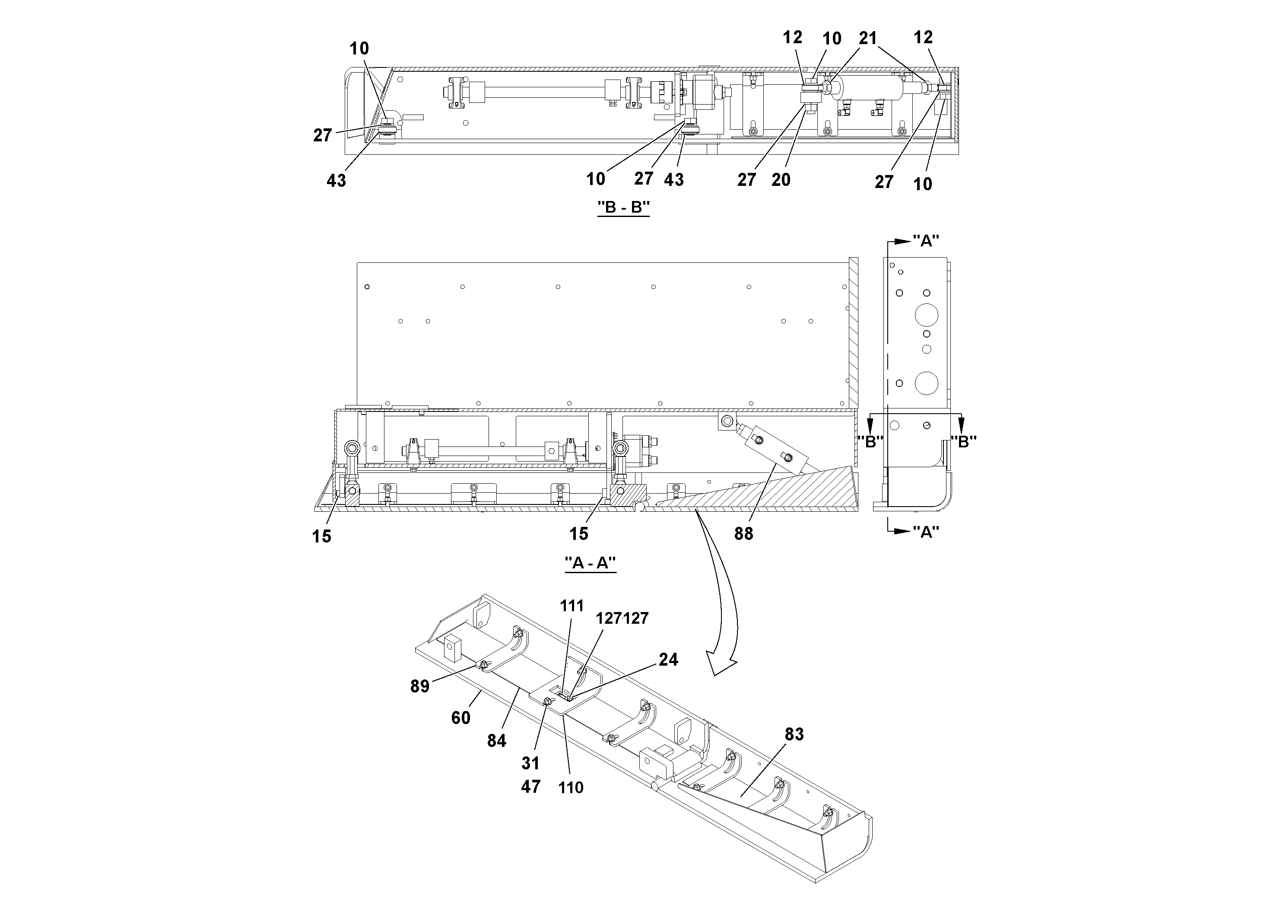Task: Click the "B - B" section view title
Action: click(623, 207)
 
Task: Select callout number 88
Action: click(743, 534)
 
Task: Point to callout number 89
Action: click(419, 686)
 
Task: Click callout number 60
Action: click(460, 718)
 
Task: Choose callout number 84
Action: click(496, 741)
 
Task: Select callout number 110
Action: click(570, 788)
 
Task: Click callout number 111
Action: click(572, 606)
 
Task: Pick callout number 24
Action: click(668, 660)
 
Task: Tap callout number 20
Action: click(781, 180)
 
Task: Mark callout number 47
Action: click(530, 787)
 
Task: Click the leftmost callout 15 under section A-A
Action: click(321, 536)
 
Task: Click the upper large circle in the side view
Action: click(927, 315)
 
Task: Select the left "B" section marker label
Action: click(870, 442)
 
